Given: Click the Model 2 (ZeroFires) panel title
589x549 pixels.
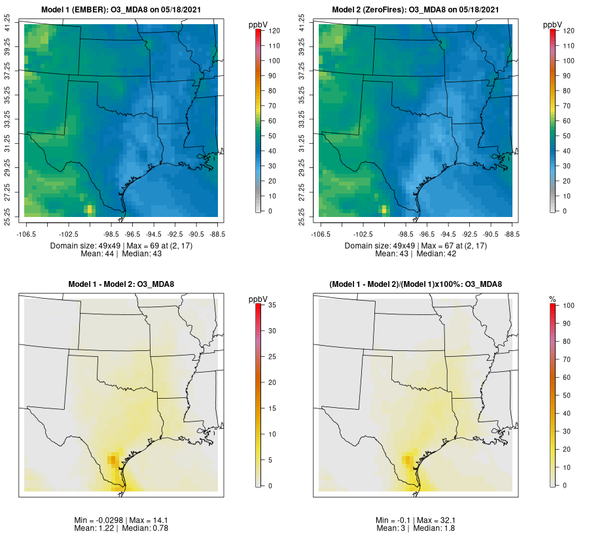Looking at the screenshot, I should click(416, 10).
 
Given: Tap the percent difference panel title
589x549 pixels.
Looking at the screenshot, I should click(416, 284).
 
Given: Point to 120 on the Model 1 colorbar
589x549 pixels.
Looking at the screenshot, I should click(274, 31).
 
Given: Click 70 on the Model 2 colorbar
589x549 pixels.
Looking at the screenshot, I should click(568, 106).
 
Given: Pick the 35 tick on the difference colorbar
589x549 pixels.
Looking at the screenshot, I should click(274, 305).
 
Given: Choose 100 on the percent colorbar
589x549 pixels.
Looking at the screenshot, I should click(568, 305).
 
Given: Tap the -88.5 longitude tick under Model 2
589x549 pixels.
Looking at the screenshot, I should click(510, 233).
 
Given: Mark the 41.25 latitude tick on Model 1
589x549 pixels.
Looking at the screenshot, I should click(9, 25).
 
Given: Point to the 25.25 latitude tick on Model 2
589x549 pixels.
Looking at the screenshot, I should click(302, 216).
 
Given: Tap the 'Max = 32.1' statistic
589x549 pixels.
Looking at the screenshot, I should click(443, 520).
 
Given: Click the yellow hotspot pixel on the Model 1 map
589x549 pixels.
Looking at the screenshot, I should click(89, 209).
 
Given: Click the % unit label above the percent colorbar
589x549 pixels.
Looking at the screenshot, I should click(552, 299).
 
